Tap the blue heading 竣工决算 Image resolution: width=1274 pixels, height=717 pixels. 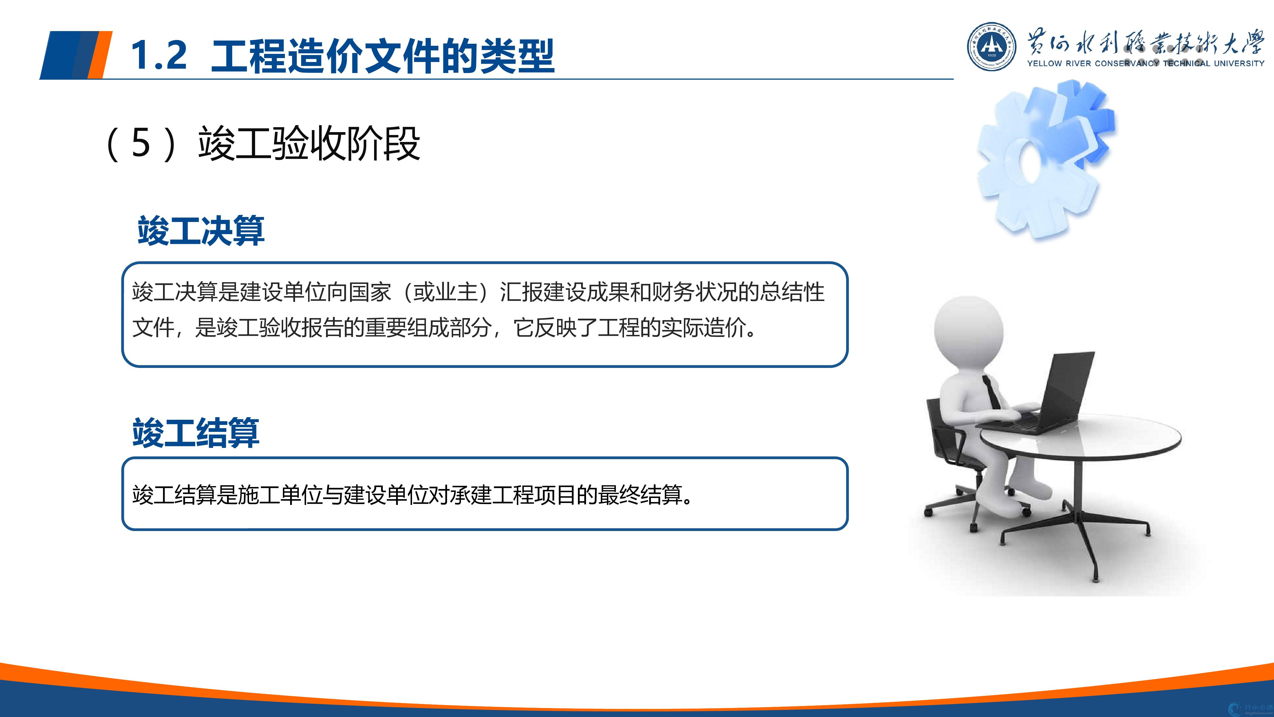[201, 231]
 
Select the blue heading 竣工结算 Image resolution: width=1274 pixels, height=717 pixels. [196, 433]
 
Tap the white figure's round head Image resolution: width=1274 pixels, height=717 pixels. [968, 330]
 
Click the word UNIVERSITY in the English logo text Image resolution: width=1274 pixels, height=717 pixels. [1239, 63]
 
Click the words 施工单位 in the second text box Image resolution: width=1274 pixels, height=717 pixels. [280, 495]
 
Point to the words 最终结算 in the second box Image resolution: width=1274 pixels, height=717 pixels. [640, 495]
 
